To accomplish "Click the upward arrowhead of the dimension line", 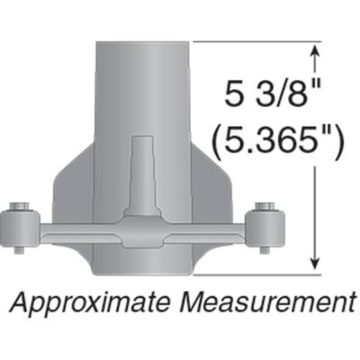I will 315,54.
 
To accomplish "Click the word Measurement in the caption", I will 266,299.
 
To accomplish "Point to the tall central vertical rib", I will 141,171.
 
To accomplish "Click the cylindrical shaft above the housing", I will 141,81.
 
